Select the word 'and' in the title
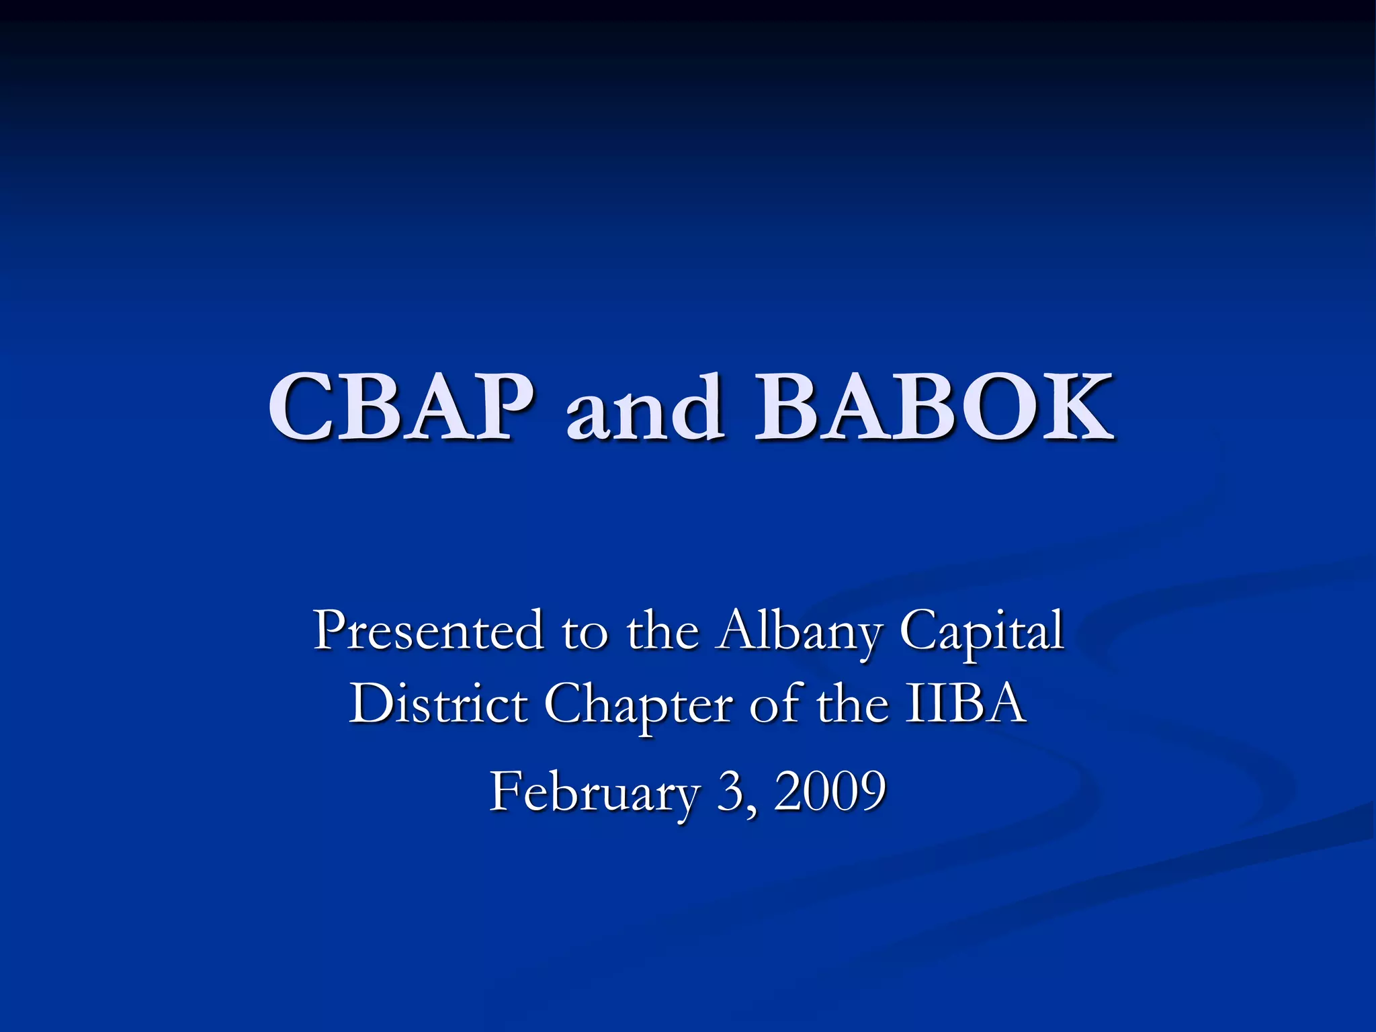[x=646, y=408]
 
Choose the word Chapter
[x=638, y=706]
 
